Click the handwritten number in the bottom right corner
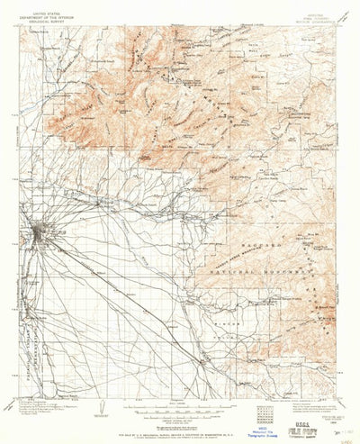[x=346, y=434]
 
